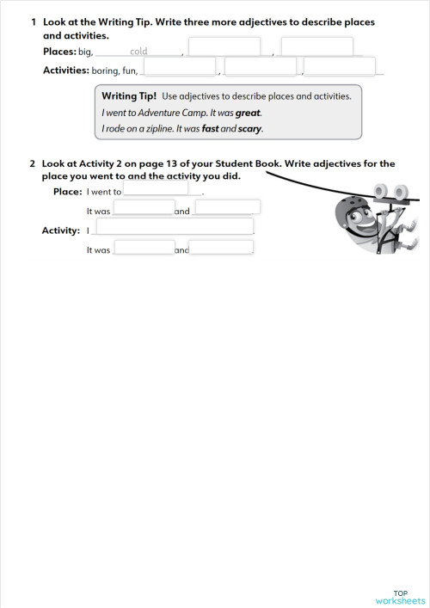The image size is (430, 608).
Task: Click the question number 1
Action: click(x=33, y=21)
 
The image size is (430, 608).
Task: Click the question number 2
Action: click(x=33, y=163)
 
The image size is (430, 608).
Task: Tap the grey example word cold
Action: click(x=138, y=52)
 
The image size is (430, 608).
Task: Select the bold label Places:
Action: click(x=59, y=52)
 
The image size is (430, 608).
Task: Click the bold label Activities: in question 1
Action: click(x=66, y=71)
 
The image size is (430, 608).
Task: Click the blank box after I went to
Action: click(x=156, y=188)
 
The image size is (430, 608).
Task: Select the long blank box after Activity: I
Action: click(x=174, y=227)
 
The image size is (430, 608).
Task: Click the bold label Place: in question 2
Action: click(x=68, y=191)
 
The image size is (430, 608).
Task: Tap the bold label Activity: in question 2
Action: click(x=60, y=230)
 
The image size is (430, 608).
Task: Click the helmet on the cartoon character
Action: click(x=350, y=209)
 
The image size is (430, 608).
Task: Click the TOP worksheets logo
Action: click(x=400, y=597)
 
